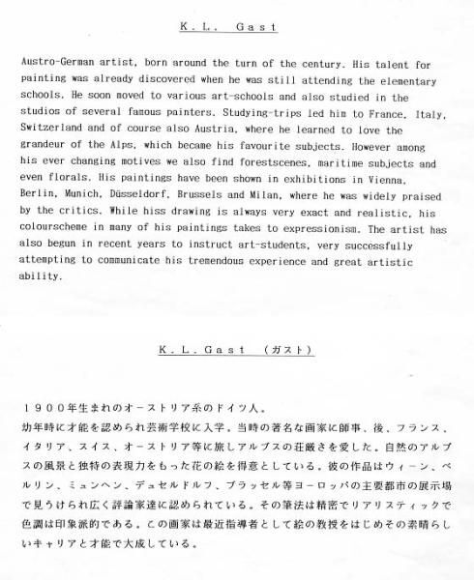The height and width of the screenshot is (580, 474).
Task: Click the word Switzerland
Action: [x=53, y=131]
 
